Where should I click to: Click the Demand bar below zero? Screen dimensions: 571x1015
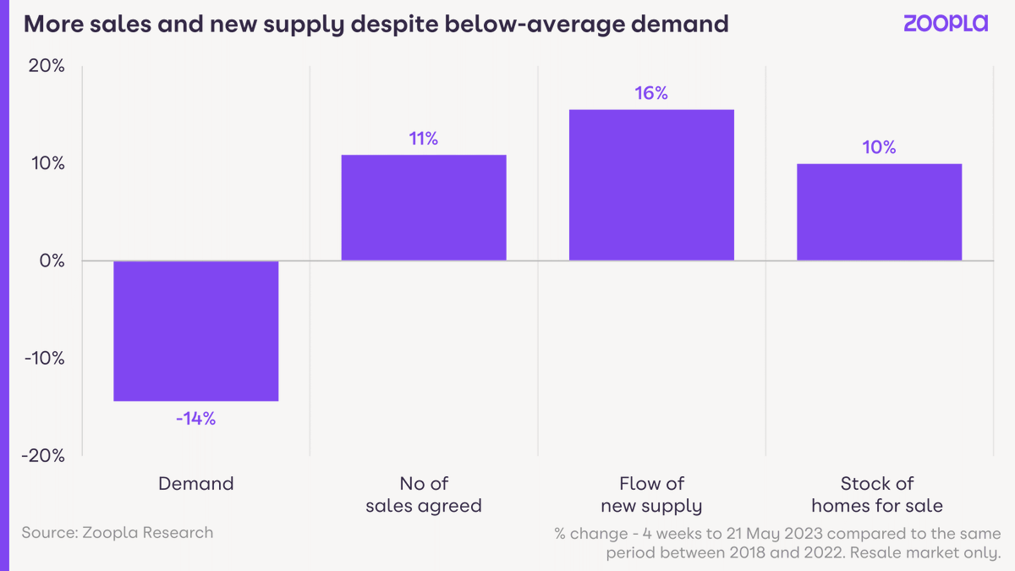(x=195, y=330)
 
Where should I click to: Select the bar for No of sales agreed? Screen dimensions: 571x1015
(x=423, y=207)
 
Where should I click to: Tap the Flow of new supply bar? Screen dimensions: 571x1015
(x=651, y=184)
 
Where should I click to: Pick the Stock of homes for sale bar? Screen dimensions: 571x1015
(x=879, y=211)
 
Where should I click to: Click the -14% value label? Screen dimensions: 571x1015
(x=195, y=418)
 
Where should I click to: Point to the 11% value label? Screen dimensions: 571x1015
(x=423, y=139)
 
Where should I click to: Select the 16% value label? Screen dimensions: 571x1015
(x=651, y=94)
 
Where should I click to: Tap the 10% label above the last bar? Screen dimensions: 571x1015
(x=879, y=147)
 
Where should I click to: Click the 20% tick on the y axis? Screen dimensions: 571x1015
(x=46, y=66)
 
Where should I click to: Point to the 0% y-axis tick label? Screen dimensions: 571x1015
(x=52, y=261)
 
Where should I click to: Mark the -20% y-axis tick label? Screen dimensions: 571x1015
(x=42, y=455)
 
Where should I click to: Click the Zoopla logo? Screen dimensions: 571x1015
(x=945, y=24)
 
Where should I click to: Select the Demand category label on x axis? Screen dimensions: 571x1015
(x=195, y=484)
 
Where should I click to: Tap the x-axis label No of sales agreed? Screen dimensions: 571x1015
(x=423, y=495)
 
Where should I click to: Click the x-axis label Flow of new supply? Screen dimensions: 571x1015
(x=651, y=495)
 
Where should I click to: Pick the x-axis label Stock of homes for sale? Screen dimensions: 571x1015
(x=877, y=495)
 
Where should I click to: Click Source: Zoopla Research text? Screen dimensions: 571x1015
(x=118, y=532)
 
